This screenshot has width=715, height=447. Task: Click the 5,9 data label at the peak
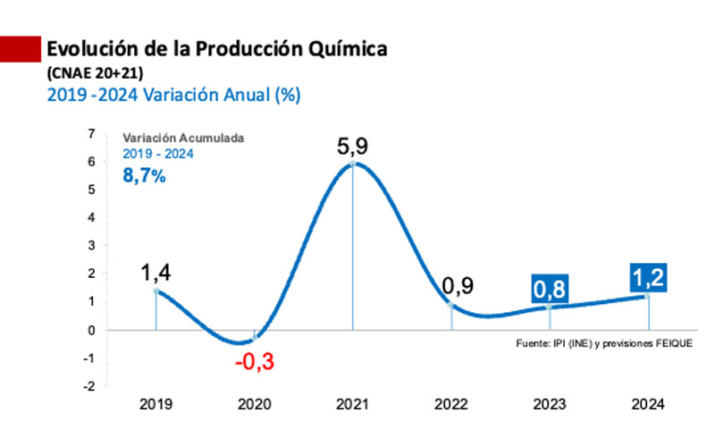tap(353, 144)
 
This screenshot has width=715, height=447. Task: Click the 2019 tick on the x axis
tap(156, 404)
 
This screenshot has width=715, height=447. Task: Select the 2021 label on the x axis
tap(353, 404)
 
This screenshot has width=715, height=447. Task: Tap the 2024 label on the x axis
tap(647, 404)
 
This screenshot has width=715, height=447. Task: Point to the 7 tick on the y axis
tap(90, 133)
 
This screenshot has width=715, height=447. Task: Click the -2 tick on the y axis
tap(88, 386)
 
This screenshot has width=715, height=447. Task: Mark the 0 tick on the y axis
tap(90, 330)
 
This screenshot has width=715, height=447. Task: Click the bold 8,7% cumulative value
tap(144, 176)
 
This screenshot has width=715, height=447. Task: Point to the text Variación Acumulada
tap(183, 139)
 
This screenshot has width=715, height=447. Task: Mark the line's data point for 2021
tap(353, 164)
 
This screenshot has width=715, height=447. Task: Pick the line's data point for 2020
tap(255, 338)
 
